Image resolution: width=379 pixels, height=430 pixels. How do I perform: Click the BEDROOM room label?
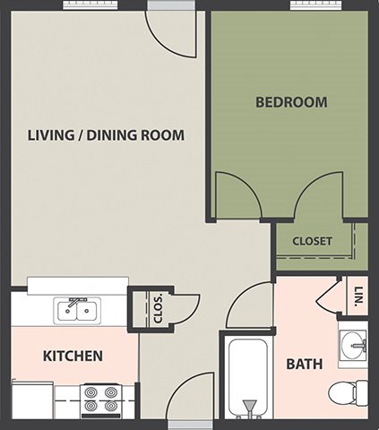coord(291,102)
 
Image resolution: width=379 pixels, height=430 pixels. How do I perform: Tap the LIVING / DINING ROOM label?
coord(106,135)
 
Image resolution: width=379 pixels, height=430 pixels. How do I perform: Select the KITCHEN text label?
coord(73,356)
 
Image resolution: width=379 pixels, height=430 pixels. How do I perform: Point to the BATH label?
coord(305,364)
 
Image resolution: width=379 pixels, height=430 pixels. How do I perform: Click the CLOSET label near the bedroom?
coord(312,241)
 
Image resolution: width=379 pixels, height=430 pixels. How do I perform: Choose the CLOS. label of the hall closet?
coord(159,309)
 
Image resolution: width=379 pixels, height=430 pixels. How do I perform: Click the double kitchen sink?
coord(77,311)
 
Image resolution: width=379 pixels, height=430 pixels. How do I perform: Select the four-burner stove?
coord(100,401)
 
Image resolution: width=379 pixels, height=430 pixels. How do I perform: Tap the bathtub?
coord(247,378)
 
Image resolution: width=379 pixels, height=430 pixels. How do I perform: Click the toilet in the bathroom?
coord(348,392)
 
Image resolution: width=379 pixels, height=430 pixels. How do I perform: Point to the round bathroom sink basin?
coord(353,345)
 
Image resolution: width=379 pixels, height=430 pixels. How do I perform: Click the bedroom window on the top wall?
coord(315,4)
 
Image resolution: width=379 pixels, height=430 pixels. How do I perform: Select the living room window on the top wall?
coord(90,4)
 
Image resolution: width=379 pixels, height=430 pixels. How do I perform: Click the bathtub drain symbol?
coord(249,406)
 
